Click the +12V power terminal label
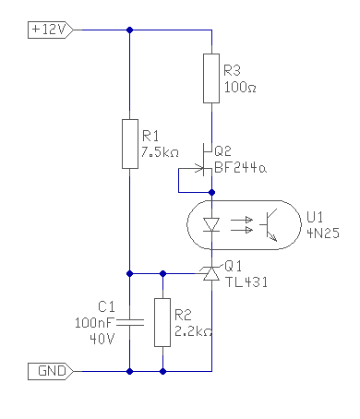51,30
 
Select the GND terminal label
51,371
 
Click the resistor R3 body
211,78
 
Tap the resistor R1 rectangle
130,144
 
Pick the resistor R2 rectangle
162,322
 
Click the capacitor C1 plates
130,322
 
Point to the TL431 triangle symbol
211,273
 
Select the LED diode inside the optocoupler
211,224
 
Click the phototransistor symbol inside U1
269,225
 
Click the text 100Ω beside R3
240,88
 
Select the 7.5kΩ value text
160,152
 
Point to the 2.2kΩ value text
193,331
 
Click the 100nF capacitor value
94,323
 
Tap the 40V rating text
102,339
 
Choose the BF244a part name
240,168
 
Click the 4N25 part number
323,233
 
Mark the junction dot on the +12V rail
130,30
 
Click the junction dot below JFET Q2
211,193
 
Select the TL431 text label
246,281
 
